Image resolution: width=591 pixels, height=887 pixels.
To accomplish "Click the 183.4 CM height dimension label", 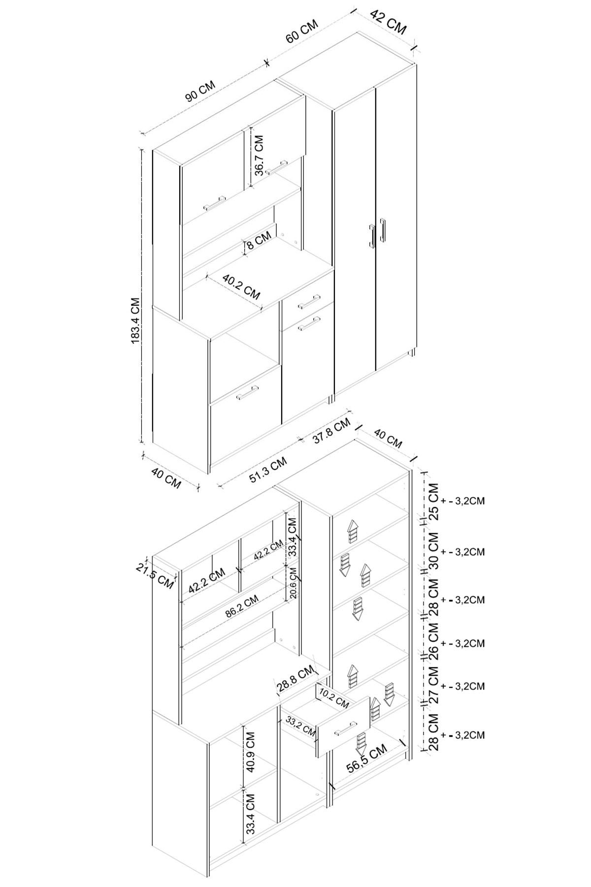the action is tap(136, 320).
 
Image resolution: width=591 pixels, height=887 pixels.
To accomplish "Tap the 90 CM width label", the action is tap(200, 91).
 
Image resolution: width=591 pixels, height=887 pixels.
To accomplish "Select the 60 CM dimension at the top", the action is tap(302, 32).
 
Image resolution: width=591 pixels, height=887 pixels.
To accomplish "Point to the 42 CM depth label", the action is tap(389, 21).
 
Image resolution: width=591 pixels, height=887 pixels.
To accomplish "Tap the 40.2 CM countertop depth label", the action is tap(241, 287).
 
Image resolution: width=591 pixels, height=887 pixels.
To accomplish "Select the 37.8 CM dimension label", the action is tap(331, 430).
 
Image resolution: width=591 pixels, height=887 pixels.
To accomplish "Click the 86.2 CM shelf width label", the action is tap(242, 607).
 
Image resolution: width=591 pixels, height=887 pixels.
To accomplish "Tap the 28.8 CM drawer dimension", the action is tap(295, 679).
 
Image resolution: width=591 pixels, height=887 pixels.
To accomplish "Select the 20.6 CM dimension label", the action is tap(293, 583).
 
